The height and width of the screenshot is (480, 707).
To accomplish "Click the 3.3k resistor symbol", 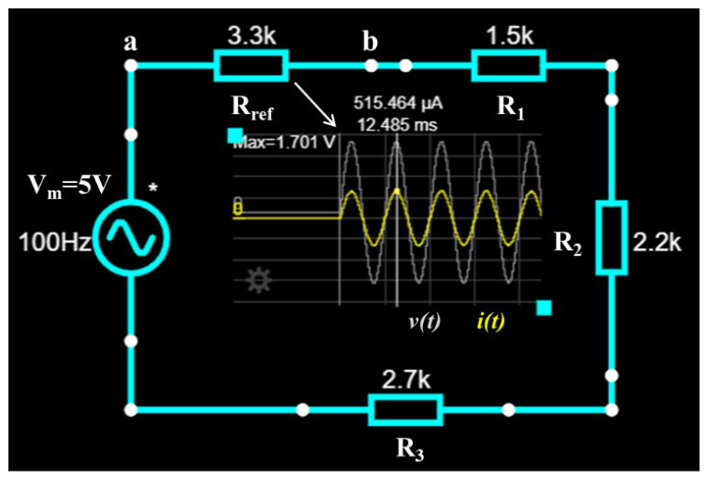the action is pyautogui.click(x=251, y=65).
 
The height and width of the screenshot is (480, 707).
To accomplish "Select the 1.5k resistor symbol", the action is pyautogui.click(x=509, y=65).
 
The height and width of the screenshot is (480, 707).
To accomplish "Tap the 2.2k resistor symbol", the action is pyautogui.click(x=612, y=237).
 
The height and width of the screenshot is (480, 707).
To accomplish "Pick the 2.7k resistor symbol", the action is pyautogui.click(x=405, y=410).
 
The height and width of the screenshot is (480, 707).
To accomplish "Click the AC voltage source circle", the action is pyautogui.click(x=131, y=238).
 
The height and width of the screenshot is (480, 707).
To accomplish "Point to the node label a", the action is pyautogui.click(x=131, y=43).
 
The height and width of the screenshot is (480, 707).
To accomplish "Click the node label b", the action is pyautogui.click(x=370, y=41).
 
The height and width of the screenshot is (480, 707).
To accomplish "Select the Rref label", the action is pyautogui.click(x=252, y=108).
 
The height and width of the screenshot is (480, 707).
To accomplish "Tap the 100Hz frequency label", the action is pyautogui.click(x=55, y=242).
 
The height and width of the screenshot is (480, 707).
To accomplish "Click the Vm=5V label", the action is pyautogui.click(x=69, y=185).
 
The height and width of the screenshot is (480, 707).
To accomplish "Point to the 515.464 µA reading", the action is pyautogui.click(x=398, y=104).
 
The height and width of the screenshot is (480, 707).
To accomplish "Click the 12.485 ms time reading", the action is pyautogui.click(x=397, y=124).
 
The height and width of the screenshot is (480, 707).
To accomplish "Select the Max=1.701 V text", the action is pyautogui.click(x=284, y=143).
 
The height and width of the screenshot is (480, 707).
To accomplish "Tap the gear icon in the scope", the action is pyautogui.click(x=259, y=280).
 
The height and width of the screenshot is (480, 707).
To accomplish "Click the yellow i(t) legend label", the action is pyautogui.click(x=490, y=322).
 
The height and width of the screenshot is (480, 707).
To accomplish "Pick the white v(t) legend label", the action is pyautogui.click(x=424, y=322).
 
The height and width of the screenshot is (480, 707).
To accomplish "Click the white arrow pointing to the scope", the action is pyautogui.click(x=315, y=104).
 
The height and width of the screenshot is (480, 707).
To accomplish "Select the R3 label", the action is pyautogui.click(x=410, y=449).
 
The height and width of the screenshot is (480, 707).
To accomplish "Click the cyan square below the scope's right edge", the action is pyautogui.click(x=544, y=308).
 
